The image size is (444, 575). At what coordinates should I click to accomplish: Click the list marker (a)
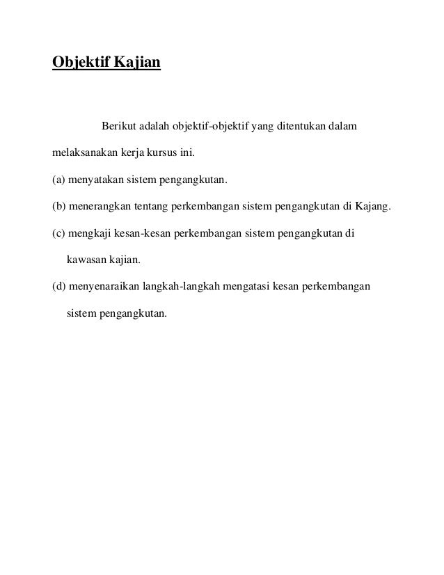click(59, 181)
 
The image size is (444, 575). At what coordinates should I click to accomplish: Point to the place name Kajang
click(374, 207)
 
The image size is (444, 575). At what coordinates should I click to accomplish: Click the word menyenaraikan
click(104, 287)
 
